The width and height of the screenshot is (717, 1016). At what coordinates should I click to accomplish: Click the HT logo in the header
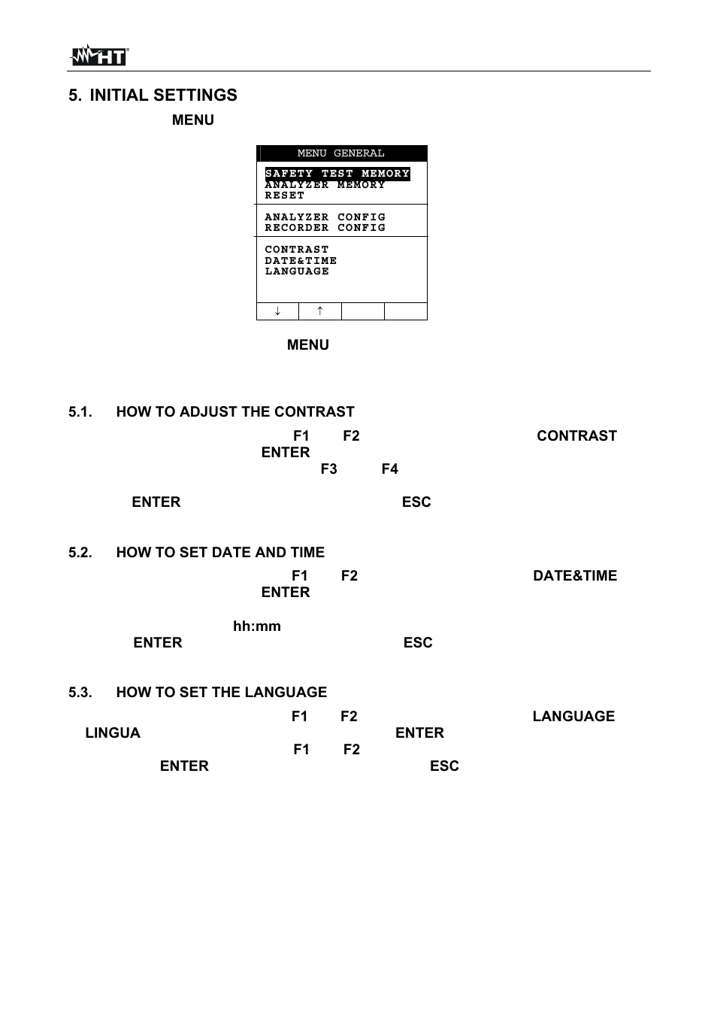(x=99, y=56)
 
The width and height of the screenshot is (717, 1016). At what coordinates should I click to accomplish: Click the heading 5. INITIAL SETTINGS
(x=153, y=95)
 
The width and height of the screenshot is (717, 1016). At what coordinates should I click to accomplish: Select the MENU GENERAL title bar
(x=341, y=153)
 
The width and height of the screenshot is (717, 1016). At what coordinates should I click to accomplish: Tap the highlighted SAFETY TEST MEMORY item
(x=337, y=174)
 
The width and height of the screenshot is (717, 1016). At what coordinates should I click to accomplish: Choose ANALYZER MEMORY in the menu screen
(x=325, y=185)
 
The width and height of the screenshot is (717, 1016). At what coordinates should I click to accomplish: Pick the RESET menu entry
(x=285, y=196)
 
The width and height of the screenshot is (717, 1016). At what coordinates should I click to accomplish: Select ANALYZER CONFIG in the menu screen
(x=325, y=217)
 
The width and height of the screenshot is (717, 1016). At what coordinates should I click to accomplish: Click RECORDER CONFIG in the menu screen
(x=325, y=228)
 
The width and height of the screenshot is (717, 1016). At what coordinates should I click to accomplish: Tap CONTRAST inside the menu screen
(x=297, y=250)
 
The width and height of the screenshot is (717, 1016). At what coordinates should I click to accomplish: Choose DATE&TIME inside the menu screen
(x=301, y=261)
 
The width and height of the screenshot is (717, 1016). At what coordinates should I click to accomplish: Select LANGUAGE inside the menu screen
(x=297, y=271)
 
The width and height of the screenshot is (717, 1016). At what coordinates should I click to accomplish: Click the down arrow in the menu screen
(x=277, y=311)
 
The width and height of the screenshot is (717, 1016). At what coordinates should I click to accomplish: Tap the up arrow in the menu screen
(x=319, y=311)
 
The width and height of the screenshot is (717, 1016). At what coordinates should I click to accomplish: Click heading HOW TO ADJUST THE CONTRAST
(x=234, y=411)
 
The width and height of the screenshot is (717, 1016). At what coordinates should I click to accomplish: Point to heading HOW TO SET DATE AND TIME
(x=220, y=552)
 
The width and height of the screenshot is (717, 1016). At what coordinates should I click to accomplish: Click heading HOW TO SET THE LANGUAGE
(x=221, y=692)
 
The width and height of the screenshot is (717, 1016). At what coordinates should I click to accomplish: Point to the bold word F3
(x=328, y=469)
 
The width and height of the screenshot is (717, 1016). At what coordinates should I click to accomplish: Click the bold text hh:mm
(x=256, y=626)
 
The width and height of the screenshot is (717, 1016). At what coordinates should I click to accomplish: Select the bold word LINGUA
(x=113, y=732)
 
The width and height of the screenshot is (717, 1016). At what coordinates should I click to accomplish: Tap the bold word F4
(x=389, y=469)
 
